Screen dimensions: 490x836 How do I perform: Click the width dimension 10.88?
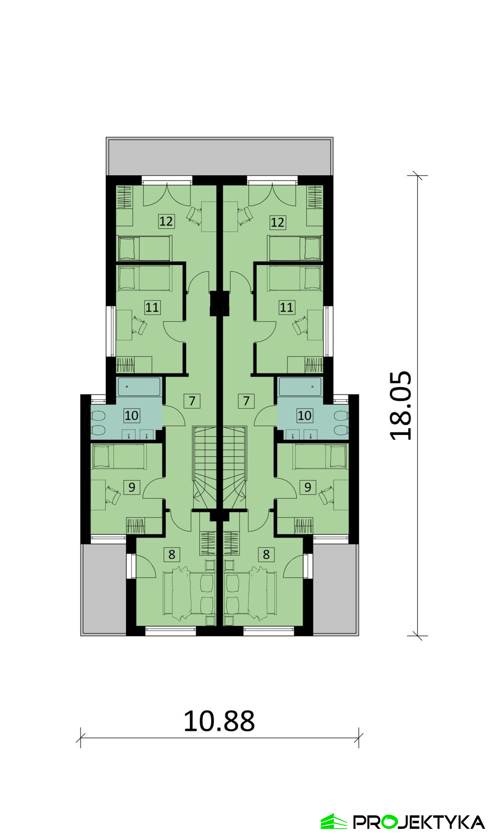pos(219,721)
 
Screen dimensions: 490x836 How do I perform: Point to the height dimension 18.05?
pos(401,406)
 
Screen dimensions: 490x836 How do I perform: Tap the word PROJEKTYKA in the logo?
pos(419,822)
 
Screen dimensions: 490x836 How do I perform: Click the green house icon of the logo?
pos(334,821)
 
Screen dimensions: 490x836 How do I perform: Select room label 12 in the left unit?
pos(166,221)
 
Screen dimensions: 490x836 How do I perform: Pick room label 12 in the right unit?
pos(277,222)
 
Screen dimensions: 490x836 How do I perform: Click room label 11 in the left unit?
pos(152,308)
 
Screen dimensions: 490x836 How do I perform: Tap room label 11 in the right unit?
pos(286,308)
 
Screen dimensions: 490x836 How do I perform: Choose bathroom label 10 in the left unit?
pos(132,415)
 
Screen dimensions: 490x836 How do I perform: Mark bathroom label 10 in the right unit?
pos(305,415)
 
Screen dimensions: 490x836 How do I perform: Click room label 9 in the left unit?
pos(132,487)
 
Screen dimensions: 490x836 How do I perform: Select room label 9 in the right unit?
pos(308,487)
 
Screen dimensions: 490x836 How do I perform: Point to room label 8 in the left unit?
pos(172,555)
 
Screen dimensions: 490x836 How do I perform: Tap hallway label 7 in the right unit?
pos(246,401)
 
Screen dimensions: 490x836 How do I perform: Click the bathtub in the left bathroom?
pos(139,387)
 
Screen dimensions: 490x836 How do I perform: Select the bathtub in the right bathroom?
pos(300,387)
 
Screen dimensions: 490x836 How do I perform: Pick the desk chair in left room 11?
pos(140,325)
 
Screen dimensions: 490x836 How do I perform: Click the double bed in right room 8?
pos(251,594)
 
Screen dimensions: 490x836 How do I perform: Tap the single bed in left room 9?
pos(119,457)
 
